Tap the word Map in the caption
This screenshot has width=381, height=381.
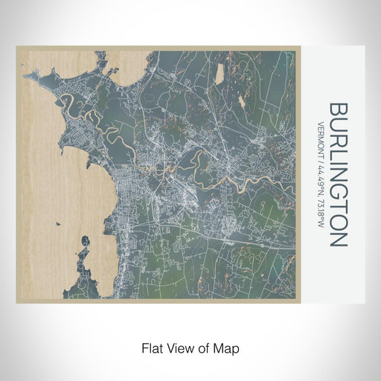pos(228,348)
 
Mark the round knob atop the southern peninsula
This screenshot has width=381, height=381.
pos(84,241)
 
